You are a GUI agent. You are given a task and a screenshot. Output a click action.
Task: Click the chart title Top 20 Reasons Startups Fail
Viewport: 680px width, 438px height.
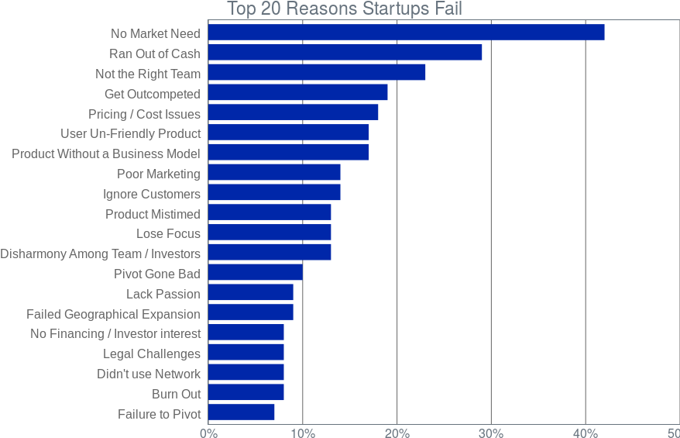(345, 9)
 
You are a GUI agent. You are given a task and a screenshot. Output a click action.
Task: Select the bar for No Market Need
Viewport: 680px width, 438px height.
(407, 33)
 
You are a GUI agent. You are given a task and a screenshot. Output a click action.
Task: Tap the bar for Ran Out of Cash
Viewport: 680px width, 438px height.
(345, 53)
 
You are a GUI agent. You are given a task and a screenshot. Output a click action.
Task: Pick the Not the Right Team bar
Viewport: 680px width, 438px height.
(317, 73)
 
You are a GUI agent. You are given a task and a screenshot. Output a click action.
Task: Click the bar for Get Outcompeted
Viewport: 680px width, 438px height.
(298, 92)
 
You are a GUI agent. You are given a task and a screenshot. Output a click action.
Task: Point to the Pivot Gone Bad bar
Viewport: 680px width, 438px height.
(256, 273)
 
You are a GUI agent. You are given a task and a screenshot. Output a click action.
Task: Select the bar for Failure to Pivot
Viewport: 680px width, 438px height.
(241, 412)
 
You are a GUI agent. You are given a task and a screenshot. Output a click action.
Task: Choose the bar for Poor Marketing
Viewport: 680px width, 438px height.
(274, 172)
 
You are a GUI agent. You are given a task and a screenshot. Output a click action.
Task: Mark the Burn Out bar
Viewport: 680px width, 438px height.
(246, 392)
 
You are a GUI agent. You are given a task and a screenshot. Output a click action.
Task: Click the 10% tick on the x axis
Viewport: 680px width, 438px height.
(303, 433)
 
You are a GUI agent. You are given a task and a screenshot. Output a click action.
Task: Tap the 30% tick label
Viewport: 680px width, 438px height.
(491, 433)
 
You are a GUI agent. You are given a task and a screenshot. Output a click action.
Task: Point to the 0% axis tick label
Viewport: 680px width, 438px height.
(208, 433)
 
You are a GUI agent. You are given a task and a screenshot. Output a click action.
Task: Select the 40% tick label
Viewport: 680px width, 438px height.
(586, 433)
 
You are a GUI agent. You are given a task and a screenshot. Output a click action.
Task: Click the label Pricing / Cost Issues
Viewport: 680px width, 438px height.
(144, 114)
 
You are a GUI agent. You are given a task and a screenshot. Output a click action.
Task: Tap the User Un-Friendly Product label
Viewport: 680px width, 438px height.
(131, 133)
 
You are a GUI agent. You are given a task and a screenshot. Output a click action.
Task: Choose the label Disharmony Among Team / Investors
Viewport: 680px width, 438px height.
(100, 254)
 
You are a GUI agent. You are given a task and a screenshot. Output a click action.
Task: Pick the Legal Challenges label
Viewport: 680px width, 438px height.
(152, 354)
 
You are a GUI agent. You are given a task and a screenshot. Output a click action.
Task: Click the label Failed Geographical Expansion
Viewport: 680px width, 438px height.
(113, 314)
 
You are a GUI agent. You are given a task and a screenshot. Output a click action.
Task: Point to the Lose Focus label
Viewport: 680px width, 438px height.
(168, 234)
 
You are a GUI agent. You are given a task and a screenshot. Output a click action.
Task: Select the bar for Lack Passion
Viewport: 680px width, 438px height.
(251, 292)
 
